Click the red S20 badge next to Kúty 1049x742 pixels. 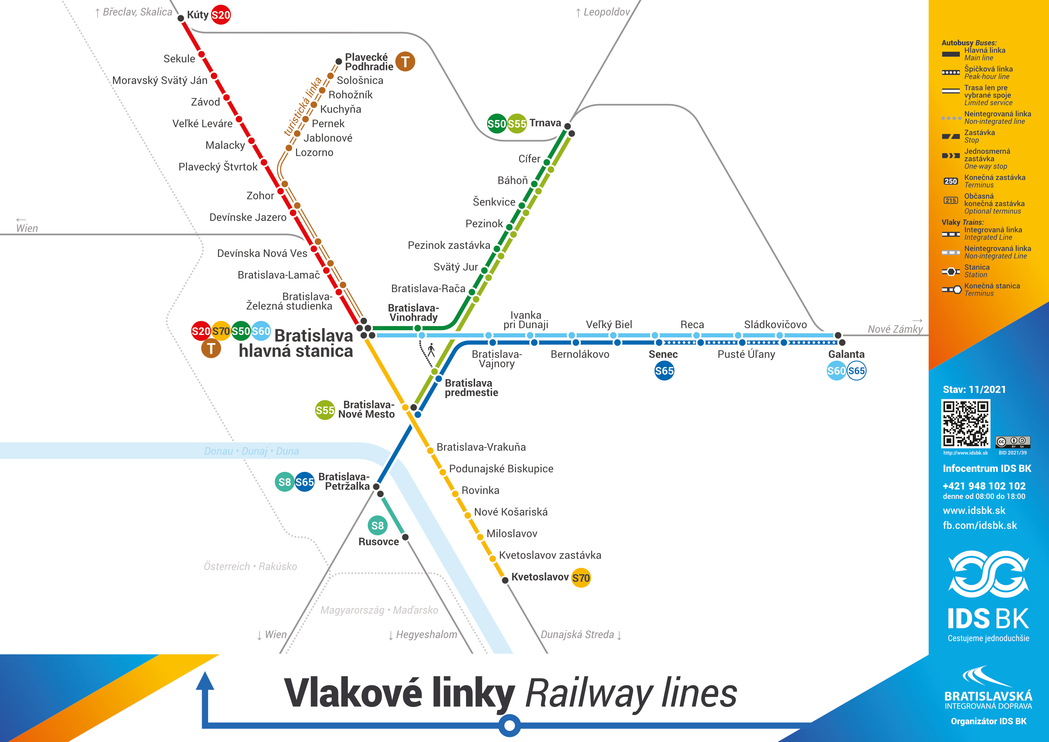221,15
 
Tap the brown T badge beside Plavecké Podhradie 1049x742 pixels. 405,61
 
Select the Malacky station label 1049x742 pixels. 225,145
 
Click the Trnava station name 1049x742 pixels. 545,123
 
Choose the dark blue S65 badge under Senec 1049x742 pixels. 664,371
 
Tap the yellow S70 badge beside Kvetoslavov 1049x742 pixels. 581,578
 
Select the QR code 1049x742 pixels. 965,423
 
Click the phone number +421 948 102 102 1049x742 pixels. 984,486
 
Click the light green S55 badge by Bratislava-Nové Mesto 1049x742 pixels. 325,410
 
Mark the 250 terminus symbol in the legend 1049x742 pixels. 951,182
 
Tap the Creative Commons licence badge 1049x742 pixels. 1013,442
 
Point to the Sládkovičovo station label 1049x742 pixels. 775,324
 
